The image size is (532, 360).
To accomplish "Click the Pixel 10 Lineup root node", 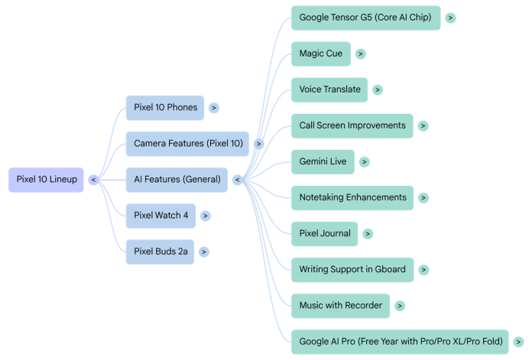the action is coord(46,180).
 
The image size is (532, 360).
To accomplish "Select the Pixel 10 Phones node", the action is coord(165,108).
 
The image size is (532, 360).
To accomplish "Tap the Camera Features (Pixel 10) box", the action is coord(187,144).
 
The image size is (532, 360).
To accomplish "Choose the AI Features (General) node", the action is coord(177,180).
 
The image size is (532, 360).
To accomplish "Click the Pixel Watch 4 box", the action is coord(161,216).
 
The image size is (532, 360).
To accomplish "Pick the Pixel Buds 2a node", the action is coord(160,251).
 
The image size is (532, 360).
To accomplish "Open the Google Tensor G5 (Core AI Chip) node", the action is coord(365,18).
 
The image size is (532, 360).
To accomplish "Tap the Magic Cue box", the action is coord(321,54).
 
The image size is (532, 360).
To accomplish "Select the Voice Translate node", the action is coord(329,90).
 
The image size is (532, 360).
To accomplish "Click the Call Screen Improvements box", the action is coord(352,126).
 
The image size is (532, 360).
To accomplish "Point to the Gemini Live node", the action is coord(323,162).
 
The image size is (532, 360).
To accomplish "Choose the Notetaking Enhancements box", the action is coord(352,198).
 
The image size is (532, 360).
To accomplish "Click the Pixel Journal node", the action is coord(324,234).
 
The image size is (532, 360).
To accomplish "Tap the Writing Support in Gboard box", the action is coord(352,270).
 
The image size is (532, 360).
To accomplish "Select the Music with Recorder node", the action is coord(340,306).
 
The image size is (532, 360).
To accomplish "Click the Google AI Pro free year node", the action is coord(400,342).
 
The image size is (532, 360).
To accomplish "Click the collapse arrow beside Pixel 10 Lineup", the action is coord(94,180).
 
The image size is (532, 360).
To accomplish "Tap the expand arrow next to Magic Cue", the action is coord(360,54).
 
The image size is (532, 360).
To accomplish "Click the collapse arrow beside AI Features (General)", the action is coord(238,180).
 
